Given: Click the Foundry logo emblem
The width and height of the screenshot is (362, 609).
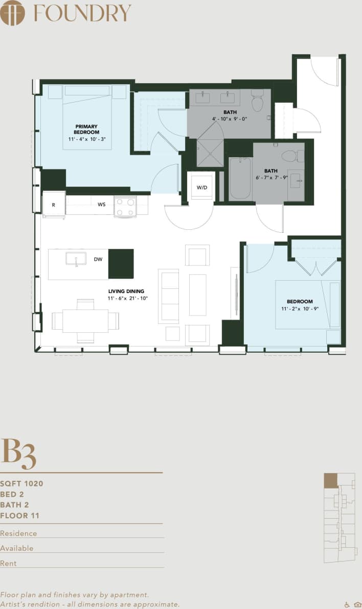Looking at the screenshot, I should coord(13,13).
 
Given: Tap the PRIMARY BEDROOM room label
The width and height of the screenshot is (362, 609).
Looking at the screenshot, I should coord(86,129).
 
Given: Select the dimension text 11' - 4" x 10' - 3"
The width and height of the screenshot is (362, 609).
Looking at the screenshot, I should coord(86,139).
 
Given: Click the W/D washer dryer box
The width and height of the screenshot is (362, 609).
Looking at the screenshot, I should coord(202,187).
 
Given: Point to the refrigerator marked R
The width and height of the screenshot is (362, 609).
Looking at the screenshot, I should coord(53,204).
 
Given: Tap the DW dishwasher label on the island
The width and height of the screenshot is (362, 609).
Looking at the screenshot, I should coord(98,259).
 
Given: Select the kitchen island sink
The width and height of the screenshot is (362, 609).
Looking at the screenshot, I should coord(76,259).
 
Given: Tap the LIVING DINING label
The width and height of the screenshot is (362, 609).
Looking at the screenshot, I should coord(126,291).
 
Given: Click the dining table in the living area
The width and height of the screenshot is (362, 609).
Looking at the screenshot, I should coord(85,321).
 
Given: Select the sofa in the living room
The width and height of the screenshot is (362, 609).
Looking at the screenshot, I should coord(169,296).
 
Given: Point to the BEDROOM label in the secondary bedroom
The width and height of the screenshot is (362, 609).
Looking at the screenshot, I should coord(300,302).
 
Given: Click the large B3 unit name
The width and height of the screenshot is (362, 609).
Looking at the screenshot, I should coord(18,453).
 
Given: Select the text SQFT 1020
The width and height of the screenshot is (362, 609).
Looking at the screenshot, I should coord(21,483).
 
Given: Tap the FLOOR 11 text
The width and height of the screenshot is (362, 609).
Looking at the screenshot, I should coord(19,516).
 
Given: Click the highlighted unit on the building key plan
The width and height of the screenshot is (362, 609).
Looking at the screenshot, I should coord(331,480).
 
